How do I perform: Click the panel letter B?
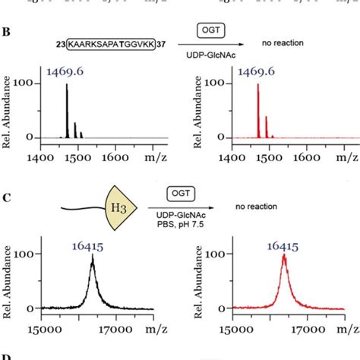6,34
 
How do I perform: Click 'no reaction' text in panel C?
255,206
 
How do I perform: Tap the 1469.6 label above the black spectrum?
67,71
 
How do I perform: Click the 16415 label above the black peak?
92,245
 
